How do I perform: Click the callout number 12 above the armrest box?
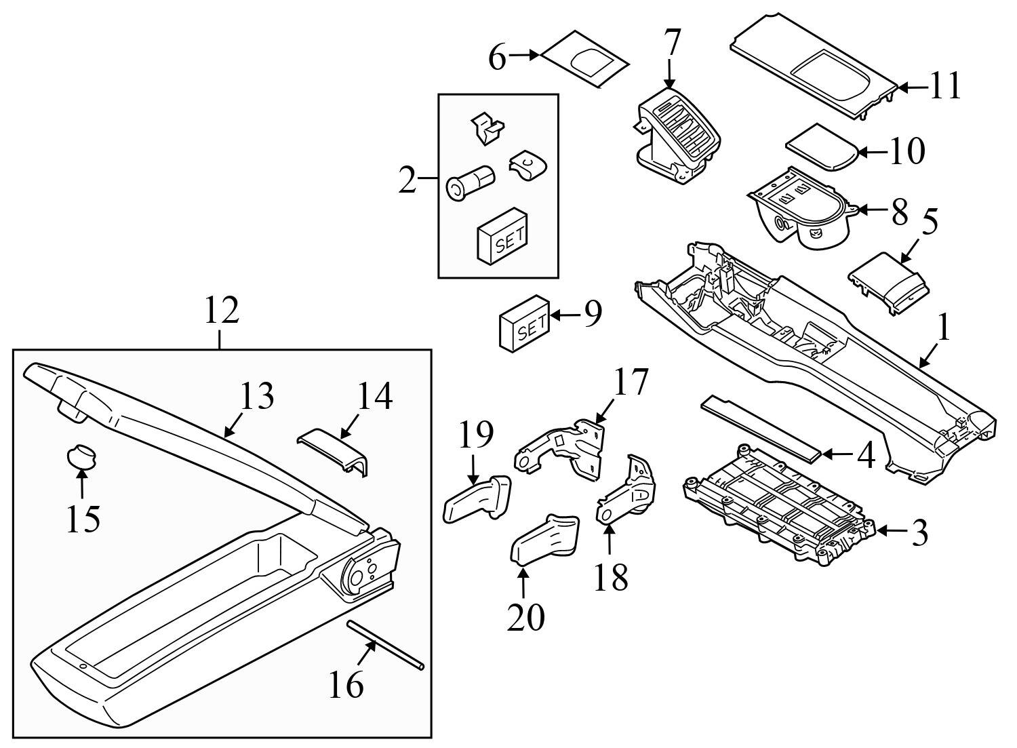click(x=222, y=311)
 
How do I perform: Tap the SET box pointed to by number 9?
click(x=525, y=325)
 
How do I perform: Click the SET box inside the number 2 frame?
click(x=502, y=235)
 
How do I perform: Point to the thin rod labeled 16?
click(x=386, y=644)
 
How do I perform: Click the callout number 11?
click(x=945, y=87)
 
